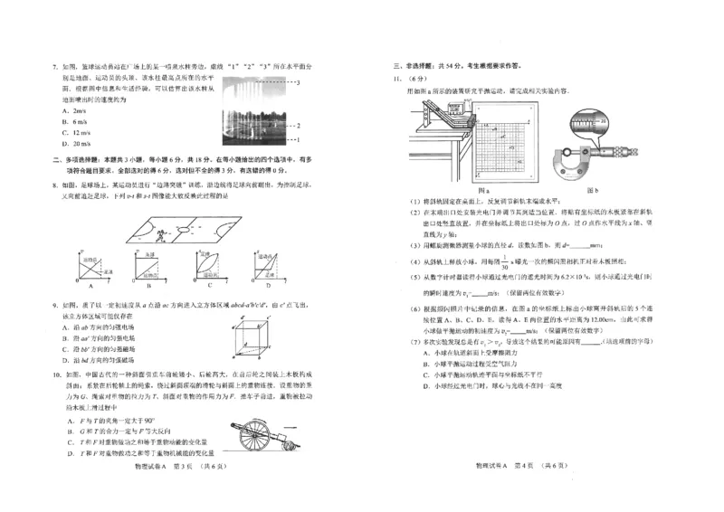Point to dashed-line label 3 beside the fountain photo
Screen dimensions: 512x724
tap(299, 82)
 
